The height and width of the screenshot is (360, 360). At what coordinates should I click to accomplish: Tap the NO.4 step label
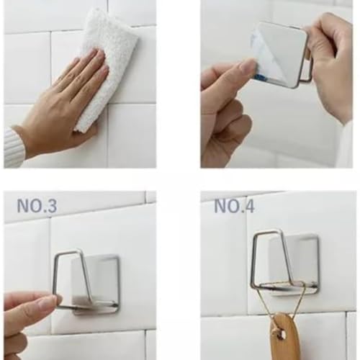pos(234,206)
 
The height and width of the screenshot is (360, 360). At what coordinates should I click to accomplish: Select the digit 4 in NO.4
pos(249,206)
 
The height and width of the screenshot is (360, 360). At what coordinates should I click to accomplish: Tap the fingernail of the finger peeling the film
pos(248,66)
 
